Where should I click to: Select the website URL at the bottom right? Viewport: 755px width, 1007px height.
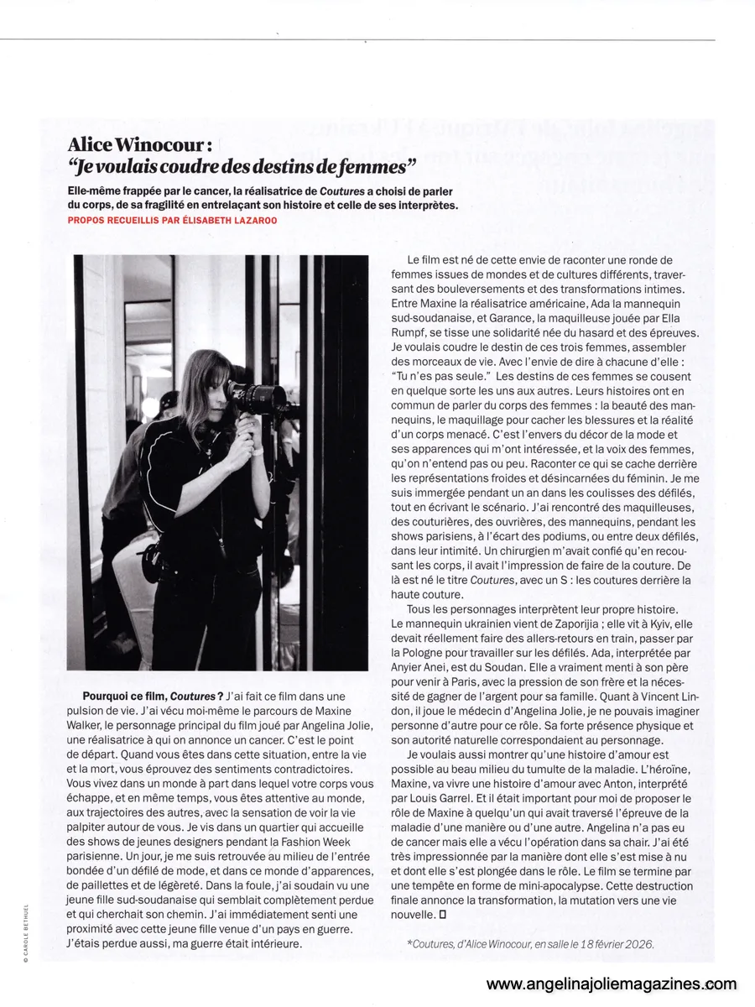point(611,984)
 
